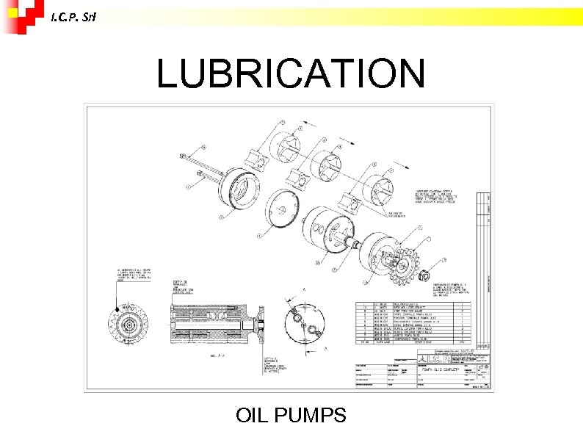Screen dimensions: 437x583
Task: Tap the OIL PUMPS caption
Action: click(291, 416)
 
